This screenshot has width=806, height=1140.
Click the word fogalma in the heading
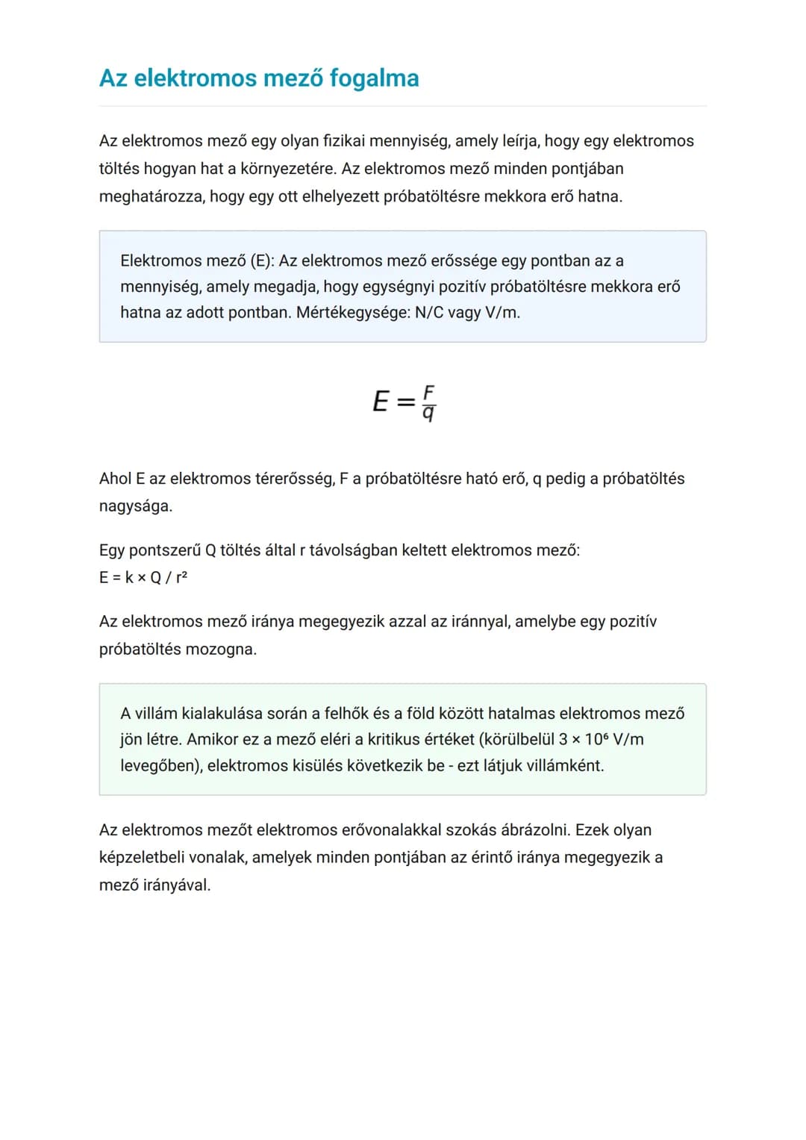tap(374, 78)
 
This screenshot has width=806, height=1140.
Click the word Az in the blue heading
tap(113, 78)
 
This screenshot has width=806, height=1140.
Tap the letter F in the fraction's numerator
tap(428, 392)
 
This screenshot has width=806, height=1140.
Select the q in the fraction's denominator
tap(428, 413)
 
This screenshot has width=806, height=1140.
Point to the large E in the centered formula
tap(381, 402)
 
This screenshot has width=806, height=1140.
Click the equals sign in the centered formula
tap(405, 402)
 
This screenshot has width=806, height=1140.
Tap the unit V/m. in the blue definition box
tap(502, 312)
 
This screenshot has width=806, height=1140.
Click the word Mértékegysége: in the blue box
tap(352, 312)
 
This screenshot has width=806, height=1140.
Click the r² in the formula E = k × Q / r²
tap(181, 577)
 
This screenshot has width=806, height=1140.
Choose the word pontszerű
tap(164, 550)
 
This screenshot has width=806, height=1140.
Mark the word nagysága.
tap(135, 506)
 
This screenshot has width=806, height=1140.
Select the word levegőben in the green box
tap(160, 765)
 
